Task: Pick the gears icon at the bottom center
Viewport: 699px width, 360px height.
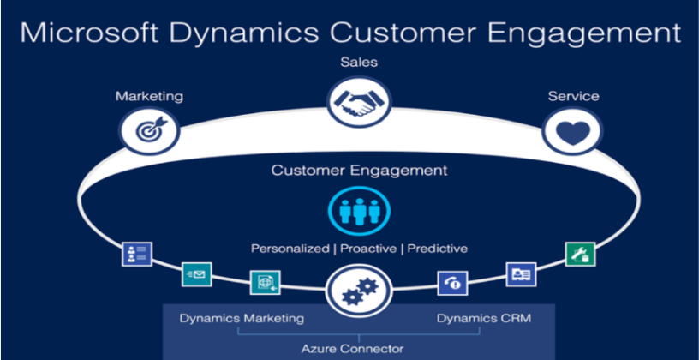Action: point(354,291)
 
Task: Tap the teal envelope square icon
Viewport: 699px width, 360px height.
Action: point(196,274)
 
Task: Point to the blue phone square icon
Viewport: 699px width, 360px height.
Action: point(452,282)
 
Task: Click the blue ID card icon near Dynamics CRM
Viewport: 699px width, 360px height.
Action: point(521,273)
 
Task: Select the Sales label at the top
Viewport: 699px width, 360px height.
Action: point(357,62)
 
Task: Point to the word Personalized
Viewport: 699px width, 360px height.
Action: point(289,249)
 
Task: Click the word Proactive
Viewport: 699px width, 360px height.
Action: point(368,249)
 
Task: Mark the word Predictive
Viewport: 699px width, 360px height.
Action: point(438,249)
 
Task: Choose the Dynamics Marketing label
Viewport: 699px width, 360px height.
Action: point(242,319)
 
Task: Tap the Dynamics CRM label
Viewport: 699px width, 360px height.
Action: point(483,319)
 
